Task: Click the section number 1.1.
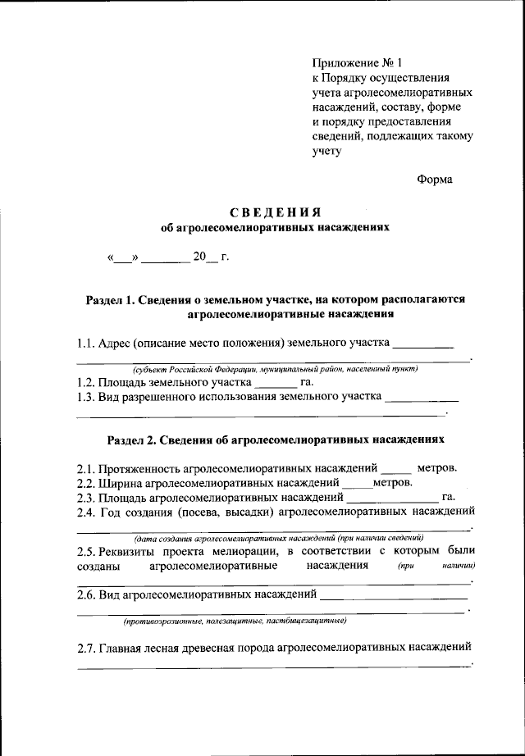tap(87, 343)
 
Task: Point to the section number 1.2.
tap(87, 382)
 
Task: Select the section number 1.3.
tap(87, 398)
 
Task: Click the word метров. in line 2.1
tap(437, 468)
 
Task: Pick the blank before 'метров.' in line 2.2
tap(357, 483)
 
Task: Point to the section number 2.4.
tap(87, 513)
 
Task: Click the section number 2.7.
tap(87, 649)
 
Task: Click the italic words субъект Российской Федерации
tap(194, 369)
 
